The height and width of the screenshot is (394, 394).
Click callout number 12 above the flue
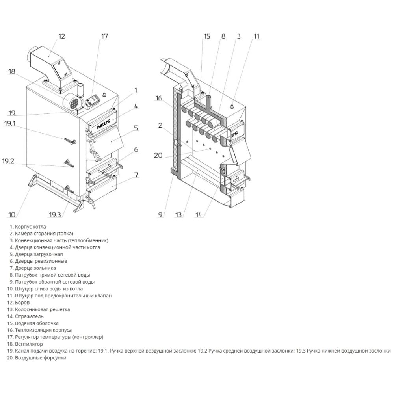pos(61,36)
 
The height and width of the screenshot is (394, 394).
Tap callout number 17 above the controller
pos(104,36)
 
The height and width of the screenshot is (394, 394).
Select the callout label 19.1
pos(10,123)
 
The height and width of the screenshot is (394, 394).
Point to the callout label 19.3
pos(55,215)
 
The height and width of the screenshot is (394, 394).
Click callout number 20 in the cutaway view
pos(158,155)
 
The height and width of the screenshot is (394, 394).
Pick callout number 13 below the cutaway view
pos(178,215)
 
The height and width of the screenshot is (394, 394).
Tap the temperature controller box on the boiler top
pos(93,102)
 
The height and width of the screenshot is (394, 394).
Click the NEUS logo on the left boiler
pos(104,125)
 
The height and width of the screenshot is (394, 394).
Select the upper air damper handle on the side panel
pos(71,141)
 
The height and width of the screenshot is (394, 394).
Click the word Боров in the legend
pos(22,303)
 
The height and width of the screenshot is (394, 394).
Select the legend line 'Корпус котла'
pos(28,227)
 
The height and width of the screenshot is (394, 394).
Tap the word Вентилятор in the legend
pos(29,344)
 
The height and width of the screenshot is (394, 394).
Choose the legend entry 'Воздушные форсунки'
pos(37,358)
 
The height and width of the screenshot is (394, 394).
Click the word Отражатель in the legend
pos(29,316)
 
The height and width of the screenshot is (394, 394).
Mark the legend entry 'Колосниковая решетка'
pos(39,309)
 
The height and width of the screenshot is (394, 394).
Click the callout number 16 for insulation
pos(158,98)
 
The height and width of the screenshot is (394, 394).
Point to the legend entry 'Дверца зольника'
pos(33,268)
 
